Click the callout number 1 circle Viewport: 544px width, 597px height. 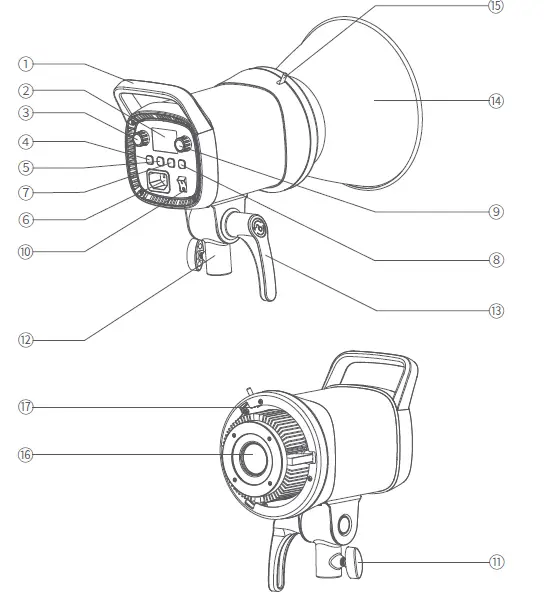pyautogui.click(x=24, y=62)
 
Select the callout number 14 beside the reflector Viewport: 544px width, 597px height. pyautogui.click(x=495, y=101)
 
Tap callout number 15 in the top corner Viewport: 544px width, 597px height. pyautogui.click(x=495, y=7)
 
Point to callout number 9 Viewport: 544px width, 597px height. pyautogui.click(x=495, y=211)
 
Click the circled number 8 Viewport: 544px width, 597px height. pyautogui.click(x=495, y=259)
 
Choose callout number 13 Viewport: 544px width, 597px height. pyautogui.click(x=495, y=310)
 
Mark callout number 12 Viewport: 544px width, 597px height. pyautogui.click(x=24, y=340)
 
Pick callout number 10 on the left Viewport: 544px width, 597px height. pyautogui.click(x=24, y=251)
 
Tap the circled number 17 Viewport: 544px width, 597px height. pyautogui.click(x=24, y=407)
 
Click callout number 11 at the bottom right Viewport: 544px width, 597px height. pyautogui.click(x=495, y=562)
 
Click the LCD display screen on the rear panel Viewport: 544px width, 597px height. pyautogui.click(x=166, y=139)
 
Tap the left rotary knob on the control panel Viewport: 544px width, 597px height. pyautogui.click(x=141, y=137)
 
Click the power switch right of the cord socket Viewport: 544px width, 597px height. pyautogui.click(x=183, y=183)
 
